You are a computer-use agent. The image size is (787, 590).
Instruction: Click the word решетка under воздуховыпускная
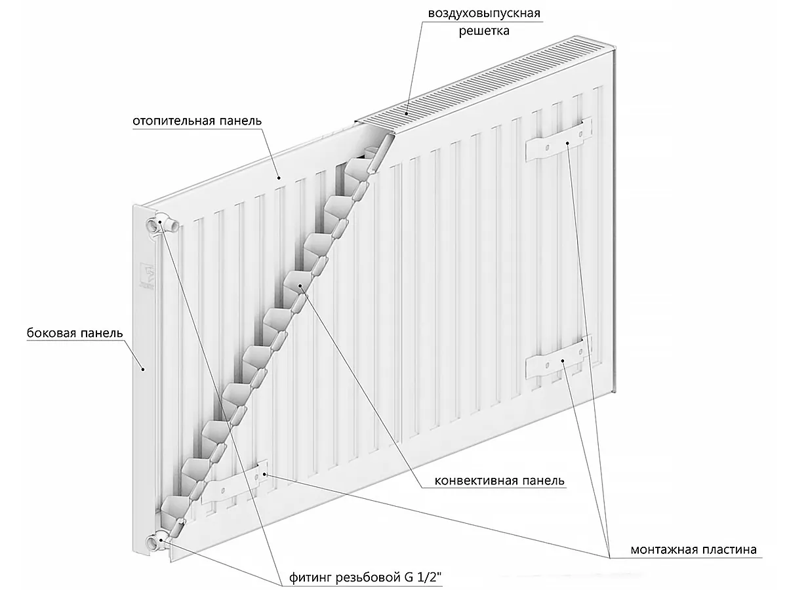tap(485, 30)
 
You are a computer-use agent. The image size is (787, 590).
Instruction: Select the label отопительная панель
tap(197, 121)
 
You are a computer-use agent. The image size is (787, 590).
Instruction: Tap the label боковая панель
tap(75, 332)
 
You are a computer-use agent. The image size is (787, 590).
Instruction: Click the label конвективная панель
tap(500, 481)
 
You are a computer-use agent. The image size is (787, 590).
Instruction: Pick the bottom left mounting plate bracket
tap(234, 484)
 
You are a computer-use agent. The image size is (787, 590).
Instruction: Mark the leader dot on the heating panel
tap(279, 177)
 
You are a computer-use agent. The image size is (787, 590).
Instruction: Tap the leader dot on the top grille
tap(409, 112)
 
